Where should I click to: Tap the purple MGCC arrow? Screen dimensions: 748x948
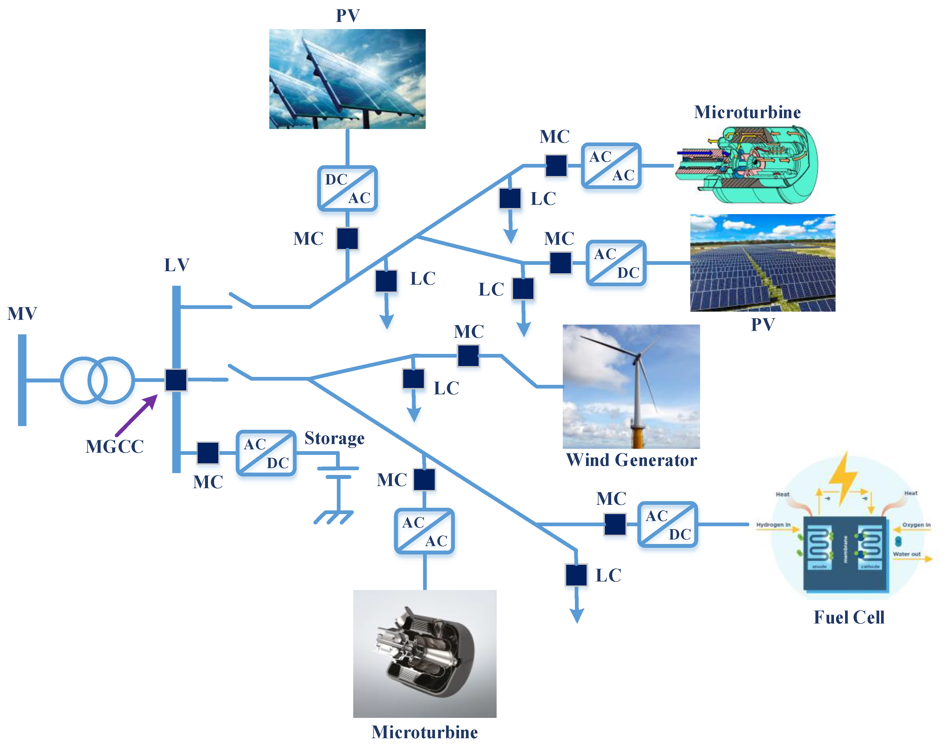pyautogui.click(x=137, y=414)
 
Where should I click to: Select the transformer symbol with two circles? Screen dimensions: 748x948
pyautogui.click(x=97, y=380)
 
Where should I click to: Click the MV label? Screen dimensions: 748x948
pyautogui.click(x=22, y=313)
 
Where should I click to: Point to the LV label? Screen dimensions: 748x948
pyautogui.click(x=177, y=265)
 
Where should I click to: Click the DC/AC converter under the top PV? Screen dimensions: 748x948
pyautogui.click(x=347, y=188)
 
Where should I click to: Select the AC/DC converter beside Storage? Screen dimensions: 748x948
pyautogui.click(x=266, y=453)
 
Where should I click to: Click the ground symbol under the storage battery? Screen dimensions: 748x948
pyautogui.click(x=334, y=517)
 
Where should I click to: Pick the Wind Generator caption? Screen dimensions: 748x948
pyautogui.click(x=631, y=460)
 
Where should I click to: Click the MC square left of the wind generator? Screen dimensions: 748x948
pyautogui.click(x=468, y=355)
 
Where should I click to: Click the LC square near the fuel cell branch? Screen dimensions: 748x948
pyautogui.click(x=576, y=575)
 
